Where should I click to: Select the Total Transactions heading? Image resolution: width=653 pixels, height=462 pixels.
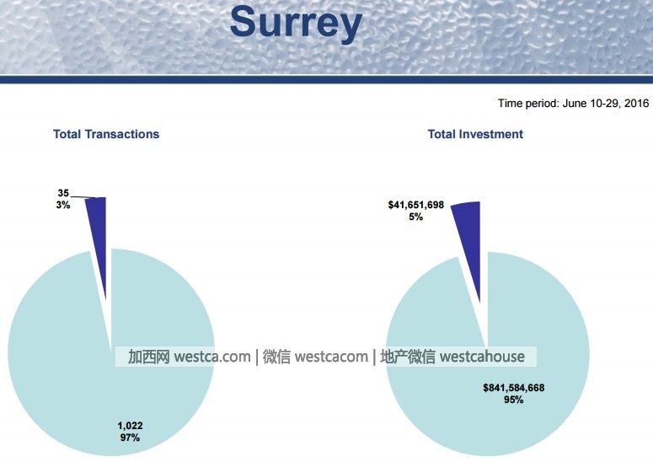[x=106, y=134]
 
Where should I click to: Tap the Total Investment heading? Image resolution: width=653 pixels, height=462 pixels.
[x=475, y=134]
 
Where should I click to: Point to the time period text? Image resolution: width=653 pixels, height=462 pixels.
[x=573, y=104]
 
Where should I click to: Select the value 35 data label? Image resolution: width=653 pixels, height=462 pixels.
[x=63, y=193]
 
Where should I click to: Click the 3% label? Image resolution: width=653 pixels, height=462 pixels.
[x=63, y=205]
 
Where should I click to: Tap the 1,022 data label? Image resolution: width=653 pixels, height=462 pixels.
[x=130, y=426]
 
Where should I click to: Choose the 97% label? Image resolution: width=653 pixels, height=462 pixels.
[x=130, y=438]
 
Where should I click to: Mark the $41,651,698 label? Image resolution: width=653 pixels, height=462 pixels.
[x=416, y=205]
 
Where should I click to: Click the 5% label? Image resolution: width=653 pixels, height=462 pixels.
[x=415, y=217]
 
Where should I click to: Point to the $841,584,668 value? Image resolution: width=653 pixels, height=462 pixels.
[x=513, y=388]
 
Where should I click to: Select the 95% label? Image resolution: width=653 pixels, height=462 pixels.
[x=513, y=400]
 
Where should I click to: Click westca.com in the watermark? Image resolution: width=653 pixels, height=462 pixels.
[x=212, y=357]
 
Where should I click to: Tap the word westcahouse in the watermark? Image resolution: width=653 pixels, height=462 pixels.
[x=482, y=357]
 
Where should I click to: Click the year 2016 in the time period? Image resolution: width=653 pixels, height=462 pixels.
[x=636, y=104]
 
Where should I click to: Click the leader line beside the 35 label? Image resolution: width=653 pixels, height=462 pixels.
[x=83, y=197]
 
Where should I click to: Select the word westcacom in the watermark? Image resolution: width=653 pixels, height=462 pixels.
[x=331, y=357]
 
